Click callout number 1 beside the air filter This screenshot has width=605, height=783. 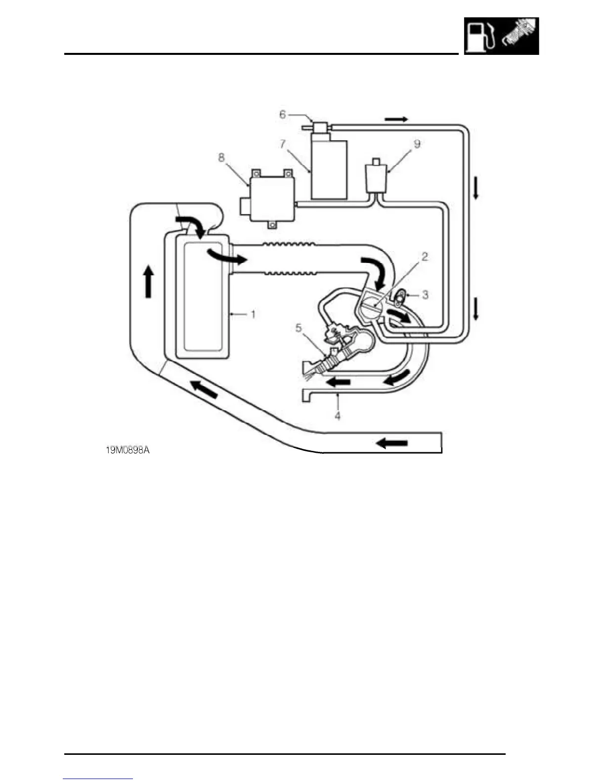click(x=253, y=314)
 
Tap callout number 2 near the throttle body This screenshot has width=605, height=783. click(x=424, y=257)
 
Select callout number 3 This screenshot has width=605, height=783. click(x=425, y=295)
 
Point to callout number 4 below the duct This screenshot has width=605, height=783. click(x=338, y=416)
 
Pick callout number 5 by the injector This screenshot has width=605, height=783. click(x=298, y=328)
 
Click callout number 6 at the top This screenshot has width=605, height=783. click(x=282, y=115)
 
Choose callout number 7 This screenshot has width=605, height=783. click(x=282, y=144)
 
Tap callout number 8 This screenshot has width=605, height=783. click(x=221, y=157)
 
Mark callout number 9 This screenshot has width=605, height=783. click(x=417, y=144)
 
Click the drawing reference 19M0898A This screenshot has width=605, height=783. click(x=128, y=450)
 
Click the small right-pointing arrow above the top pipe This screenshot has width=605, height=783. click(x=396, y=119)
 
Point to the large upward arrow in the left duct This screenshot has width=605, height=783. click(x=148, y=281)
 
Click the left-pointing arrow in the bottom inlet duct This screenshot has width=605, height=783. click(x=392, y=443)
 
